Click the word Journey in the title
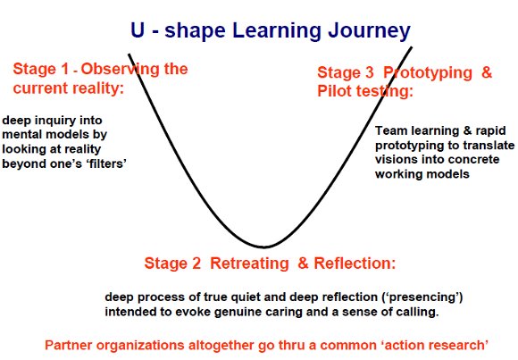click(x=370, y=31)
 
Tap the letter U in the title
click(x=138, y=29)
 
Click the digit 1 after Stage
click(x=64, y=69)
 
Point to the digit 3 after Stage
click(x=370, y=72)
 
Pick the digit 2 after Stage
click(x=196, y=264)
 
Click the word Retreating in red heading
click(x=249, y=264)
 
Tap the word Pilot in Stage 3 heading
click(x=334, y=91)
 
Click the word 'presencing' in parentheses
click(x=422, y=297)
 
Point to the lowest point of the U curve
click(x=263, y=247)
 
